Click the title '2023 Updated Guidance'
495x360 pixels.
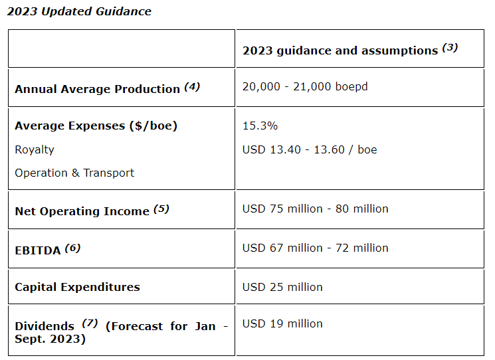click(79, 11)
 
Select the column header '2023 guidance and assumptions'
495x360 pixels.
click(340, 50)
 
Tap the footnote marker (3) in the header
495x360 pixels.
click(450, 47)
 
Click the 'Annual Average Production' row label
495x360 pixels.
click(97, 89)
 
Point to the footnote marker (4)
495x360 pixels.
click(191, 86)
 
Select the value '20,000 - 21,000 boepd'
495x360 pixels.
click(305, 87)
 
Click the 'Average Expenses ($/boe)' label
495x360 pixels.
click(96, 126)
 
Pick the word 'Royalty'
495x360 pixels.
click(35, 149)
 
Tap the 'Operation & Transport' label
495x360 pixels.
click(74, 173)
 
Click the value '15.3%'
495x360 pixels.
click(260, 126)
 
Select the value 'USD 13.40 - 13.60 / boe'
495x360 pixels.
click(310, 149)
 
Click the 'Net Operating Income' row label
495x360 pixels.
click(82, 211)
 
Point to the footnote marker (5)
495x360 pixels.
click(161, 209)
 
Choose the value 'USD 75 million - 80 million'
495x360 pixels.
click(315, 209)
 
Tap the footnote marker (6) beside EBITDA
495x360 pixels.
click(72, 248)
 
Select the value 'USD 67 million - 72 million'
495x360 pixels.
click(315, 248)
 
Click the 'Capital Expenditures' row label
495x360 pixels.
click(77, 287)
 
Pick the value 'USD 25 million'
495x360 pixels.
click(282, 287)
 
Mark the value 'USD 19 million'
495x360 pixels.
click(282, 323)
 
